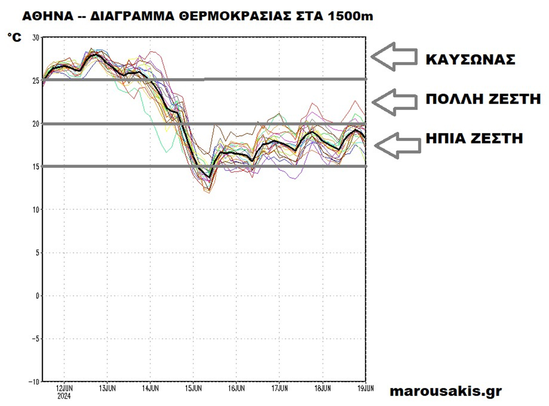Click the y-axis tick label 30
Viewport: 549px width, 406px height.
36,38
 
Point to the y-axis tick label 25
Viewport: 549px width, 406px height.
36,81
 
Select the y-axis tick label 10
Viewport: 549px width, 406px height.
36,210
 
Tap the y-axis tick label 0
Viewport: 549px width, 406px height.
38,296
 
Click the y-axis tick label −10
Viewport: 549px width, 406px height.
34,382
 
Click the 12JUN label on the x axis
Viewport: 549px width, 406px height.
64,388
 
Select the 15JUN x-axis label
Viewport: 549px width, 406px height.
193,388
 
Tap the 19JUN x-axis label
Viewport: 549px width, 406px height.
365,388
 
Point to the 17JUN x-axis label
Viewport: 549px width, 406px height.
279,388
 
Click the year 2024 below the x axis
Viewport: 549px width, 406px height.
64,396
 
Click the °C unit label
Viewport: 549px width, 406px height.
15,37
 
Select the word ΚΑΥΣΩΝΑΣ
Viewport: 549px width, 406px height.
470,60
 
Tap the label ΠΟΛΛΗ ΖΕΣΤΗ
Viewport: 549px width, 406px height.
483,99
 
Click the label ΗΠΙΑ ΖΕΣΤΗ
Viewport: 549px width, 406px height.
474,138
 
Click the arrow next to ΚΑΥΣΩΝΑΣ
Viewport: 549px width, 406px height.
394,57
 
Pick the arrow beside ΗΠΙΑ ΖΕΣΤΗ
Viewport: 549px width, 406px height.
397,145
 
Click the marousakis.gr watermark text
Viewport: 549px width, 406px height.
446,391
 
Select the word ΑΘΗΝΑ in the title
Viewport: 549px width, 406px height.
48,16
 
